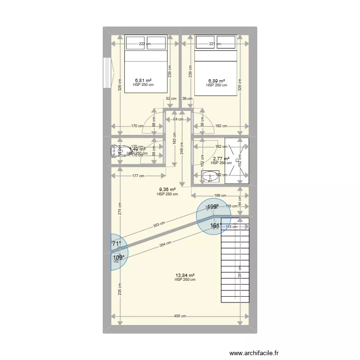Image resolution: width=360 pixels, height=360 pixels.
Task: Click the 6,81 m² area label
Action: click(143, 81)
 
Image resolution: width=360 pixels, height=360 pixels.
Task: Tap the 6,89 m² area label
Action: click(217, 81)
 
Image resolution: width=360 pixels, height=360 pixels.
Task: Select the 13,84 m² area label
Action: click(185, 276)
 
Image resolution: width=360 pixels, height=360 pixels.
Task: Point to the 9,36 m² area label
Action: click(167, 190)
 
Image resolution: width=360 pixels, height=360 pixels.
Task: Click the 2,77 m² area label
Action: click(221, 158)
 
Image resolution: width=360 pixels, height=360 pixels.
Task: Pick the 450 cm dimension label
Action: click(180, 316)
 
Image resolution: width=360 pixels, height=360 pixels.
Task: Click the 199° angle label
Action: click(213, 207)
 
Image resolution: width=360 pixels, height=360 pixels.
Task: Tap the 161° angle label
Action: click(216, 225)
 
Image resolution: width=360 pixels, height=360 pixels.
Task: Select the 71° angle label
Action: click(117, 244)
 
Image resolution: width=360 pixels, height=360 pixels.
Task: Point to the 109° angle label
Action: click(118, 257)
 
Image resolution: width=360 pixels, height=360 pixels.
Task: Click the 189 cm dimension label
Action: click(220, 195)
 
